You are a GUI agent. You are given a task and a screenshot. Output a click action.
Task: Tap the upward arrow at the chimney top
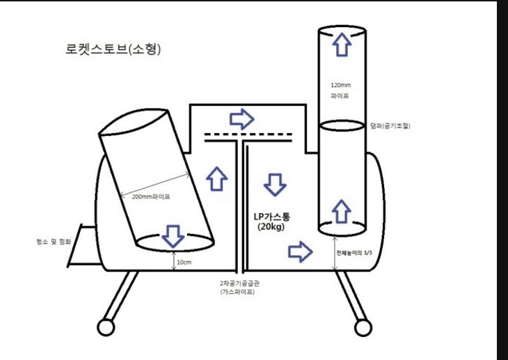click(x=341, y=45)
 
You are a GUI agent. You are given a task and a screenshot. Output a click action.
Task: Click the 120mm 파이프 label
click(x=340, y=90)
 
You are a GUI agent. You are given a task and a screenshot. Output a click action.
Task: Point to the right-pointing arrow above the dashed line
click(x=242, y=118)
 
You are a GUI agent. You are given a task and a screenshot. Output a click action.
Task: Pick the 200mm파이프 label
click(x=151, y=196)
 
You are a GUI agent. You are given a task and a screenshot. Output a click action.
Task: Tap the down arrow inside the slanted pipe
click(x=173, y=236)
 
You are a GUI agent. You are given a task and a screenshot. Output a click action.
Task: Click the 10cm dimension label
click(x=184, y=262)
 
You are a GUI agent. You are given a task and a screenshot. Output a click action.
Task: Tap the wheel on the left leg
click(x=106, y=326)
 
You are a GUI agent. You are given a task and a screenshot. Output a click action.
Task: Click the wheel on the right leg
click(x=363, y=327)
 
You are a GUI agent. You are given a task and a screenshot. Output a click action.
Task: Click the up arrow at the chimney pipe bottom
click(x=341, y=210)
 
